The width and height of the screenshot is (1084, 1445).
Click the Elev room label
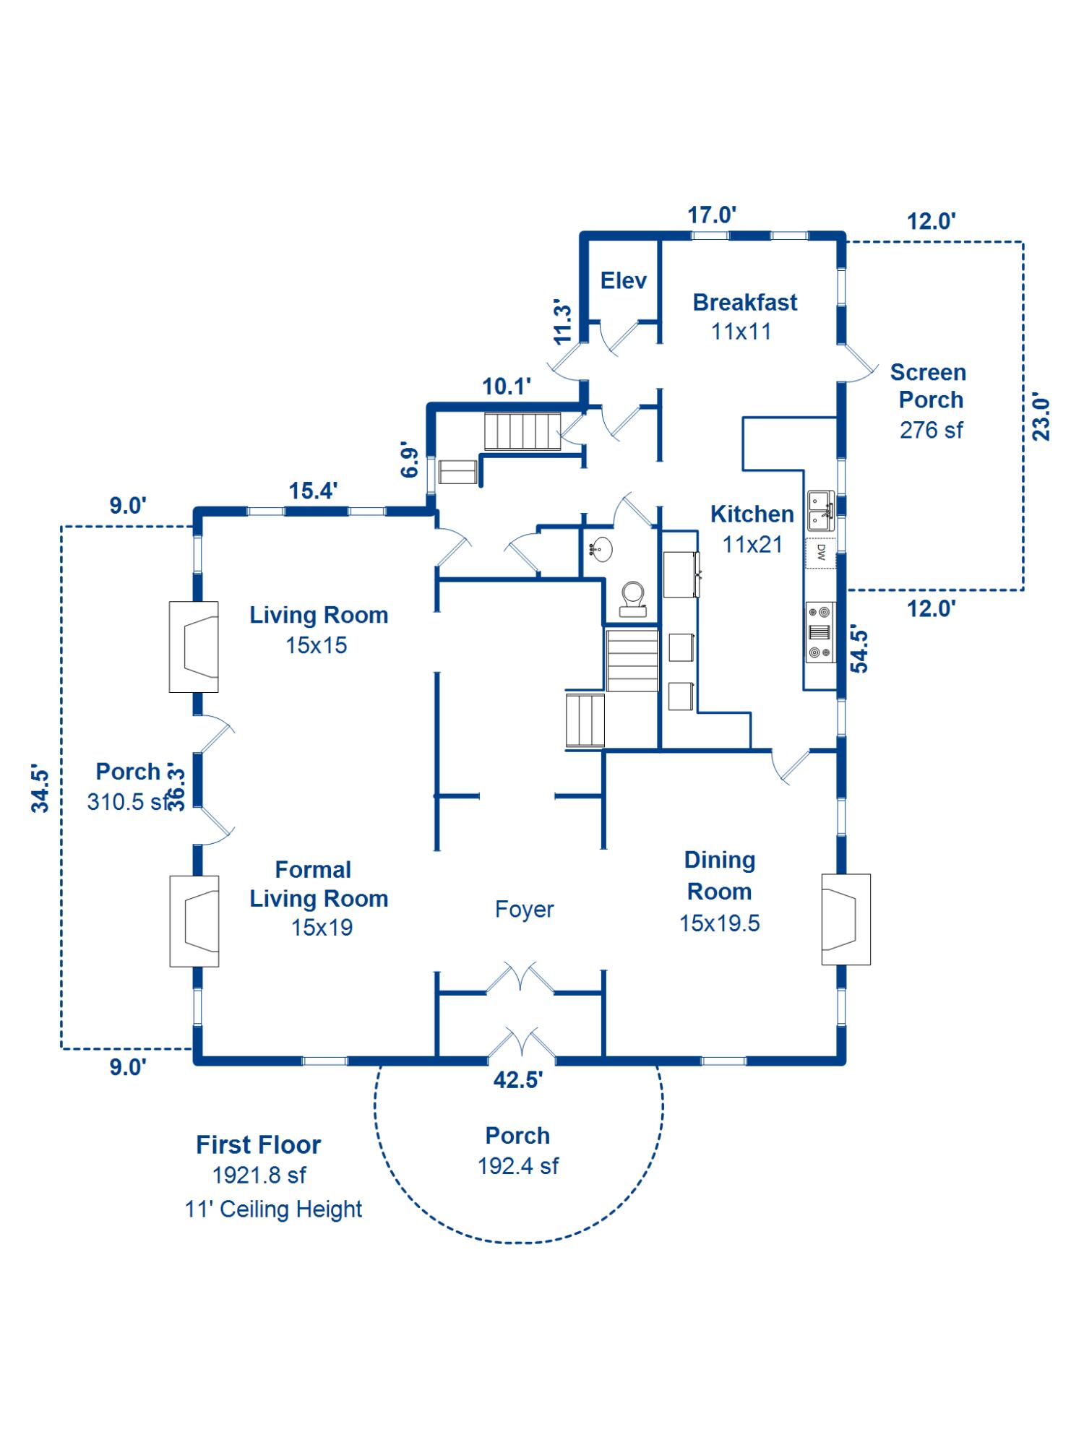coord(623,280)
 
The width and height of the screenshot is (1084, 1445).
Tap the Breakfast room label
coord(744,302)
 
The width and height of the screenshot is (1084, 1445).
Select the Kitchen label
coord(752,514)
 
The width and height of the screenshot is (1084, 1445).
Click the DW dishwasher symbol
coord(821,553)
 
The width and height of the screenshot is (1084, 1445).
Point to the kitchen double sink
coord(820,510)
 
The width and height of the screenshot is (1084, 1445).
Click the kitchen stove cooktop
coord(820,632)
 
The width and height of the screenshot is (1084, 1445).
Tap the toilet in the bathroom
coord(633,598)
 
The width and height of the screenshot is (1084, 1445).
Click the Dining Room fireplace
coord(846,919)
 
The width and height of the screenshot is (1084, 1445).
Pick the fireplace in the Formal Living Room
coord(194,921)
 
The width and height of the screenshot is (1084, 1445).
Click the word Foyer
coord(524,909)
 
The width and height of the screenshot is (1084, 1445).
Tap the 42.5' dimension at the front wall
coord(518,1080)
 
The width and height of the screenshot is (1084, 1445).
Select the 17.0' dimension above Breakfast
coord(712,215)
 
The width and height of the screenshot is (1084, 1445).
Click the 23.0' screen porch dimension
coord(1041,419)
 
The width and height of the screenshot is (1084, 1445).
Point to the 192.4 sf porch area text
coord(518,1165)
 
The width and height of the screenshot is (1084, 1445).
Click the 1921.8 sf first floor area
coord(259,1176)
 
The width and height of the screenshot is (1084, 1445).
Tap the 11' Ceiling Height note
coord(273,1209)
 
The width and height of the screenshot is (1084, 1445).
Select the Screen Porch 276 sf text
coord(931,430)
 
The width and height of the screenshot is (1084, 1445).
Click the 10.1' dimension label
coord(507,387)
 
